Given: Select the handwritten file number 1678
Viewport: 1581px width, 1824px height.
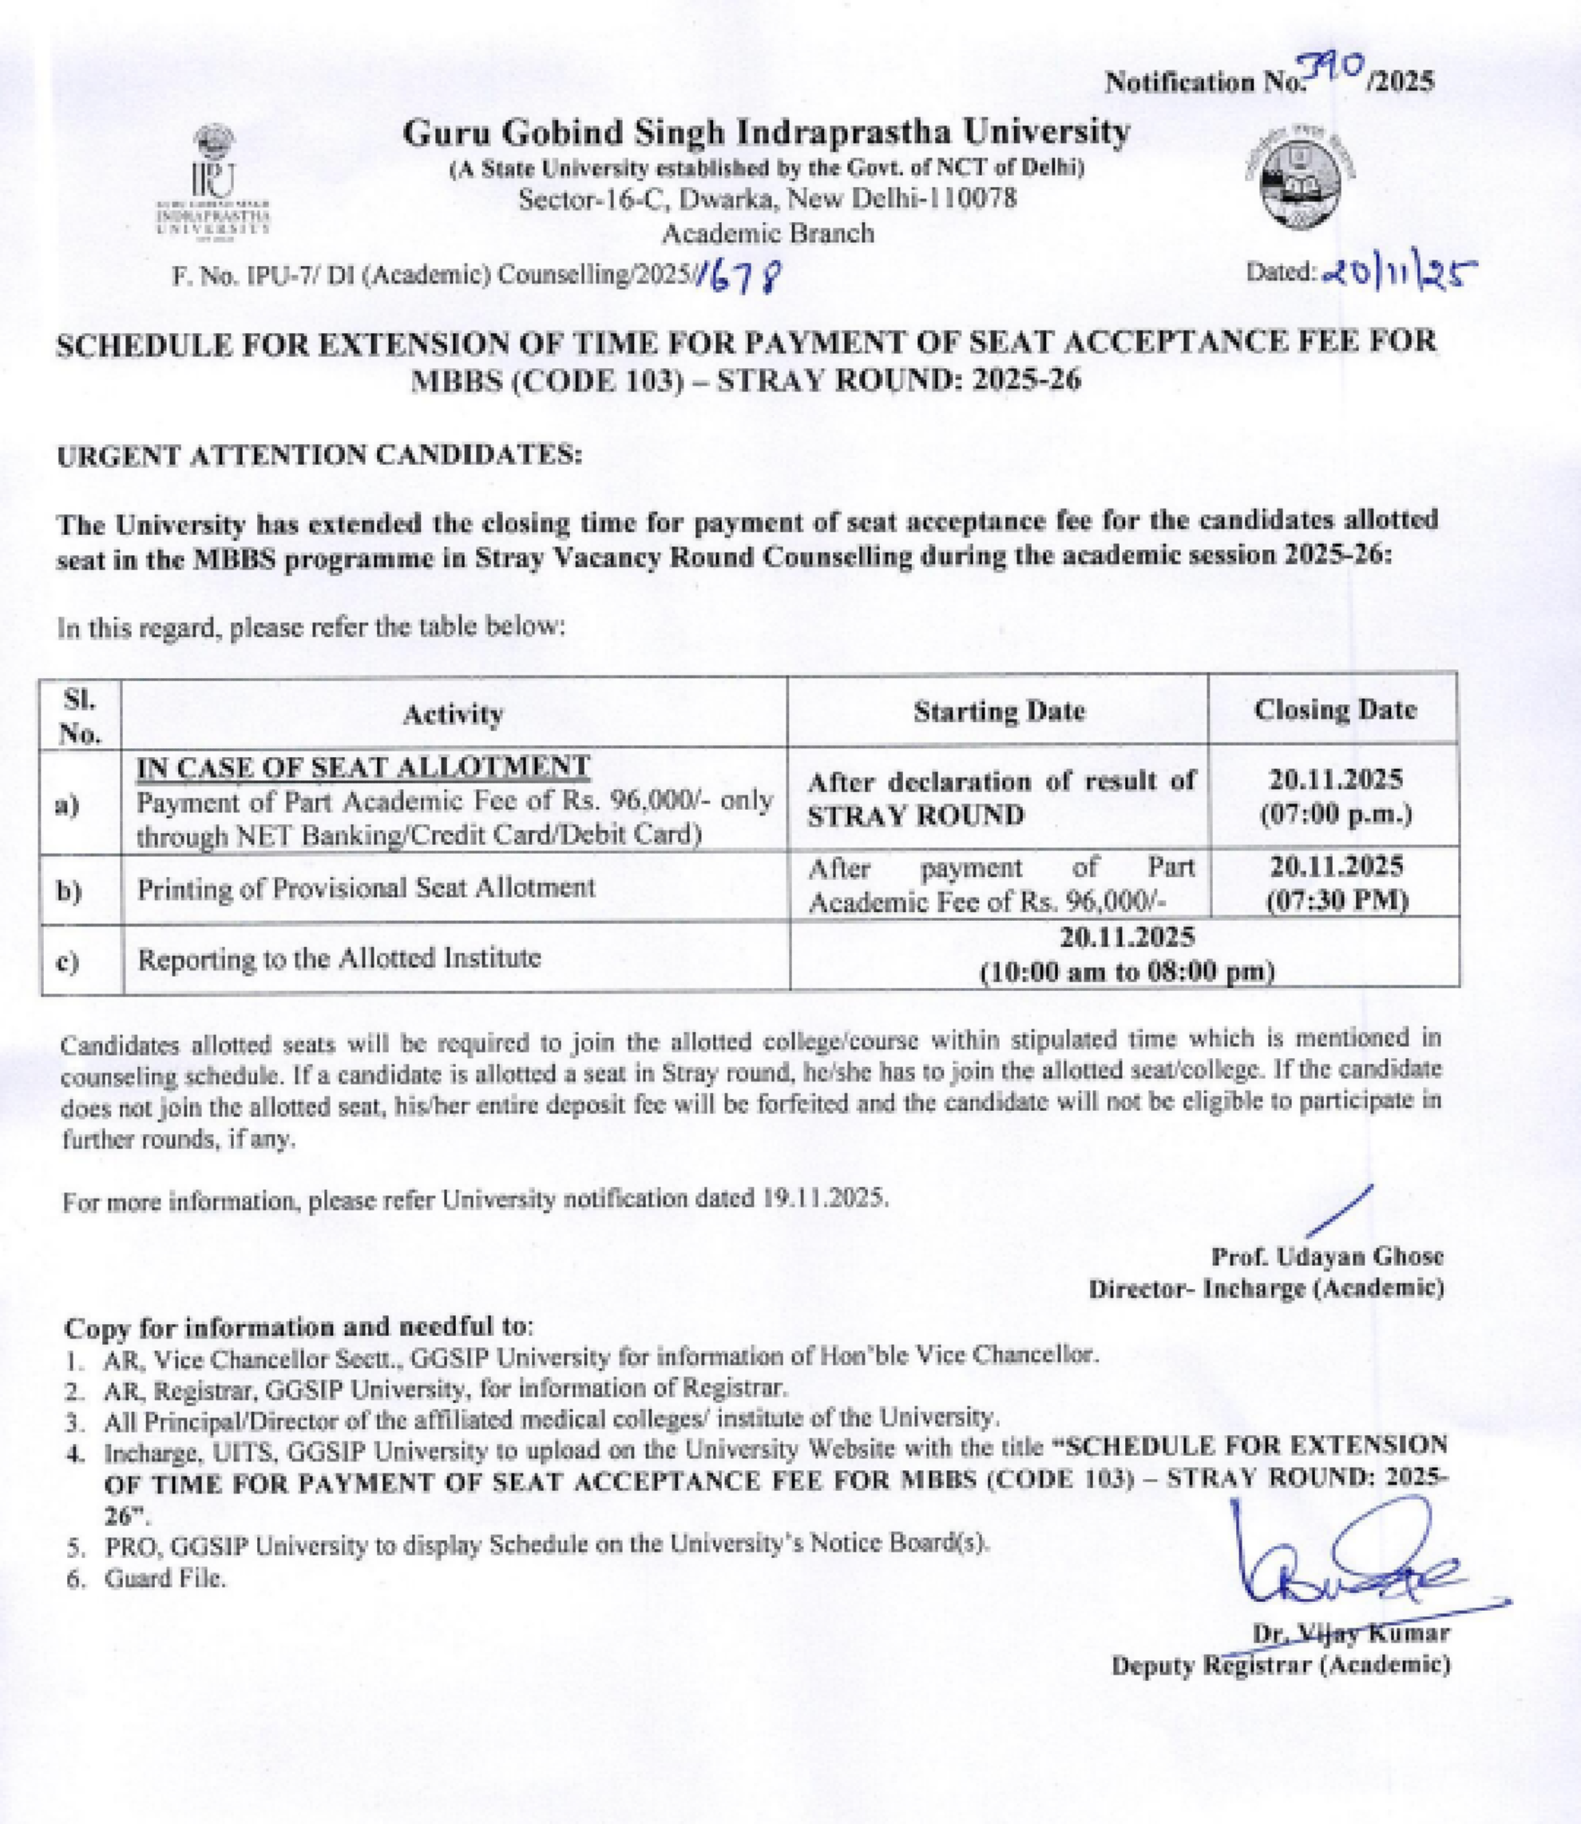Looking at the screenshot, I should point(739,280).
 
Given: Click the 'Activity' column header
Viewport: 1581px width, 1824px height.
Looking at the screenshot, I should point(453,714).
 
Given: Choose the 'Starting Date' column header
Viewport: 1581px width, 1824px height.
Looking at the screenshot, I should point(999,712).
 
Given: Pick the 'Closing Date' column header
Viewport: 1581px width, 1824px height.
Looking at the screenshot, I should point(1335,709).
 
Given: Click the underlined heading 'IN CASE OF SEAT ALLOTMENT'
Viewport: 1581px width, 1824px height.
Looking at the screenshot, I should point(363,767).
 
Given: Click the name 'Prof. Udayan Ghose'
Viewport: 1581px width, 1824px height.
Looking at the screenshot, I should point(1327,1255).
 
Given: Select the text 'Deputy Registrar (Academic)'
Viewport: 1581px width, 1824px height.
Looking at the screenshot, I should point(1280,1666).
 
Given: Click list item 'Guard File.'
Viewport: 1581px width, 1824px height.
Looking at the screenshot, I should point(165,1579).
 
